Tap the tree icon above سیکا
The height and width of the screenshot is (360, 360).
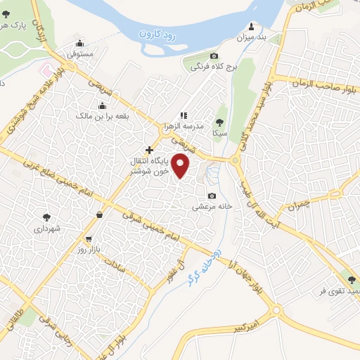coord(220,122)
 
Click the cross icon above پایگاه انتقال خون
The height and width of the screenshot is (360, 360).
coord(148,150)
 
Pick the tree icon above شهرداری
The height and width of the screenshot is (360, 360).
coord(46,217)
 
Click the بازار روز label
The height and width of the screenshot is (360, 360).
coord(92,250)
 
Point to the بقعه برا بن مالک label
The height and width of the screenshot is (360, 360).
coord(84,115)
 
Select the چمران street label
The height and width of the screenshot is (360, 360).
coord(298,205)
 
